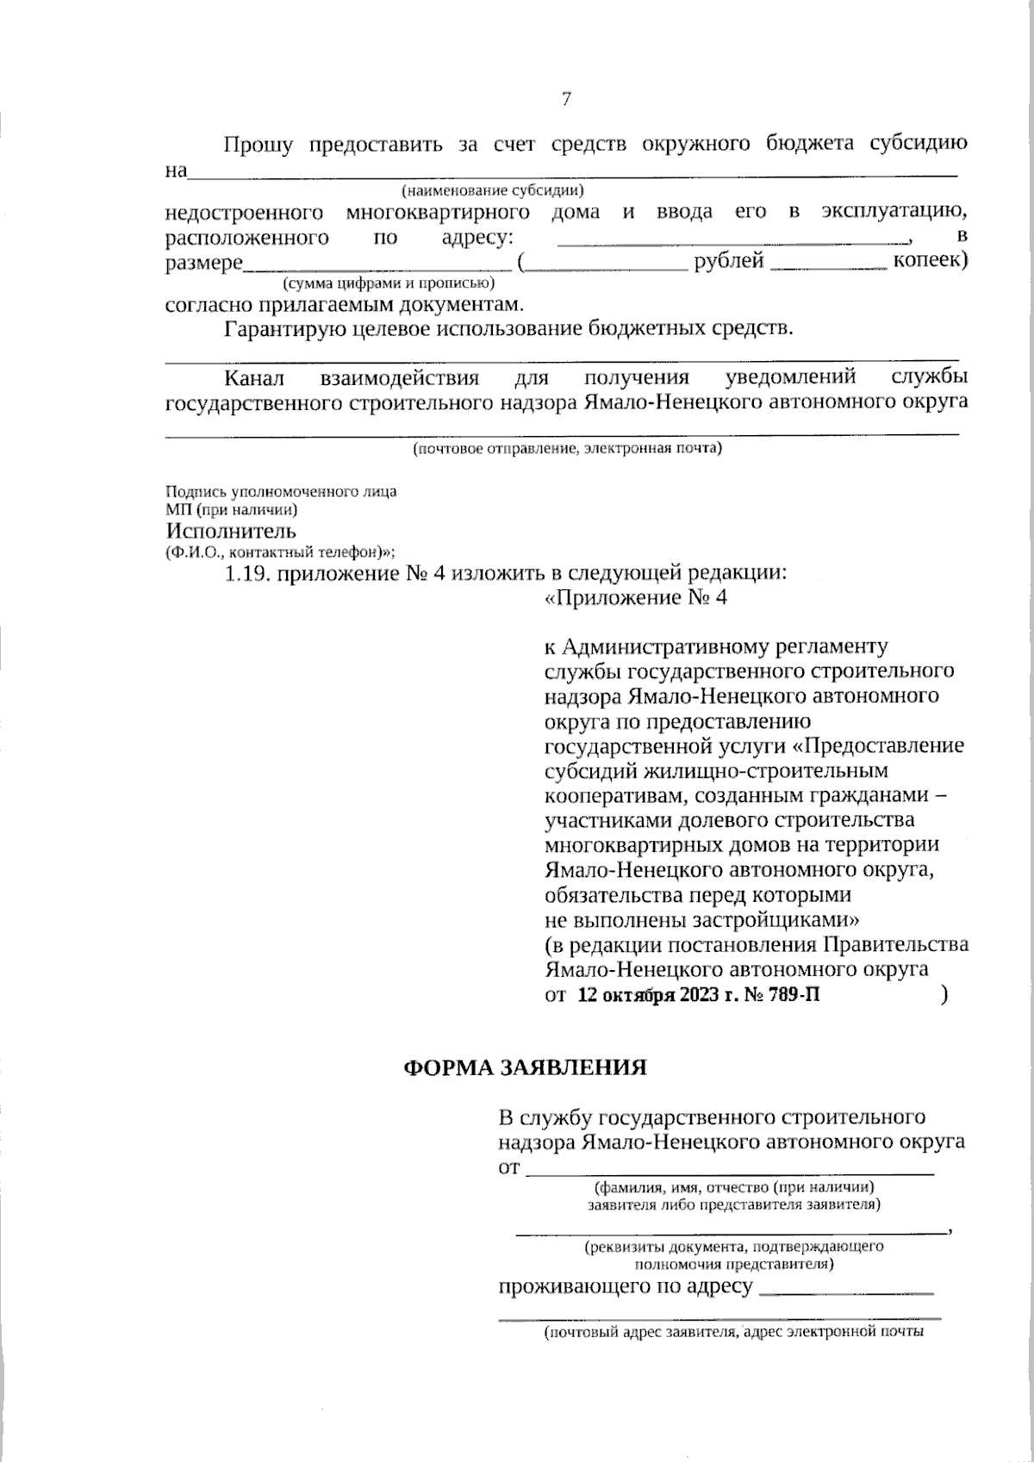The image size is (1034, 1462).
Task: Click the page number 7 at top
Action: pos(566,99)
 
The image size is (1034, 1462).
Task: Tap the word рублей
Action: pos(729,261)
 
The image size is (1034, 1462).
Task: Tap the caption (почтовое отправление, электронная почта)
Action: pos(566,449)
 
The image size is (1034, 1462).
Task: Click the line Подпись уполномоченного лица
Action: pos(281,492)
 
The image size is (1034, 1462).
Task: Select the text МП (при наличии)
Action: pos(220,510)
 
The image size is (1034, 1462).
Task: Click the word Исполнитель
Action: pos(231,531)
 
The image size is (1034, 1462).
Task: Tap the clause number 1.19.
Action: pos(248,574)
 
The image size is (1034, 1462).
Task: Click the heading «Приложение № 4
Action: pos(636,598)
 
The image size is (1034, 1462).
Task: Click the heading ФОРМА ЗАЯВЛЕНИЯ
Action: pos(526,1068)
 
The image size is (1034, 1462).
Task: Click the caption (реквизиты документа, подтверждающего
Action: pos(733,1247)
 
